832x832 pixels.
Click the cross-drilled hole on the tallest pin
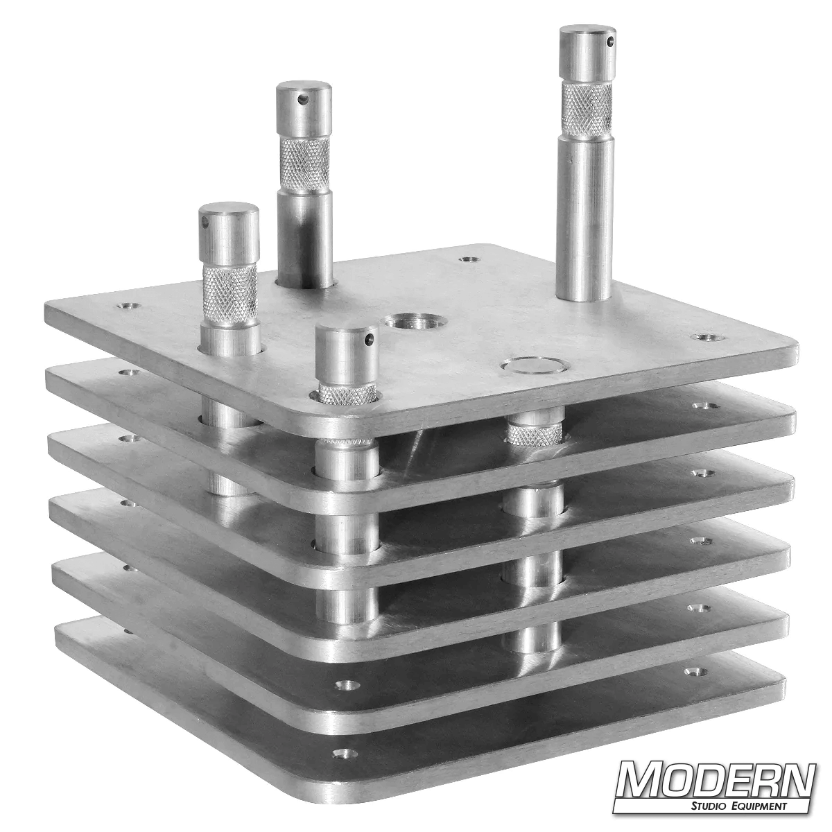610,43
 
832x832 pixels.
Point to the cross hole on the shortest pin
370,339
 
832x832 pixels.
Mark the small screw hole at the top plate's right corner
706,337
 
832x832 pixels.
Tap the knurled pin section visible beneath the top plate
534,433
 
